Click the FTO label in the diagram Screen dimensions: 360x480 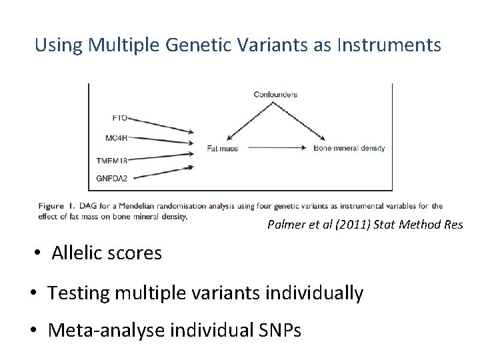(x=119, y=118)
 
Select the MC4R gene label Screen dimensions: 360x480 (x=116, y=138)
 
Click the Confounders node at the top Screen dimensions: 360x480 (x=275, y=95)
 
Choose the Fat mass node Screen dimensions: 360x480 (x=222, y=148)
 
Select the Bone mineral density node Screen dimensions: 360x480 (x=349, y=148)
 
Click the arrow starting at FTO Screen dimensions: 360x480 (x=161, y=125)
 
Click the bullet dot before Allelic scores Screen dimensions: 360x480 (x=39, y=253)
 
